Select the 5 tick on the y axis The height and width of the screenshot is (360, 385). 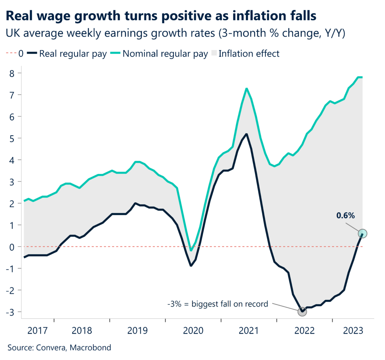(x=12, y=138)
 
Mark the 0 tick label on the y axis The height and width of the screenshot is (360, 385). (x=12, y=247)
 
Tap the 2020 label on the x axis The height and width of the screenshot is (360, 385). (x=192, y=331)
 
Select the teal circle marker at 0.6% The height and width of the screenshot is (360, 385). (x=363, y=233)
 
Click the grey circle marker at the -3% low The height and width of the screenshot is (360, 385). (x=302, y=311)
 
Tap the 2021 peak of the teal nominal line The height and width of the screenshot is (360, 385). (x=246, y=89)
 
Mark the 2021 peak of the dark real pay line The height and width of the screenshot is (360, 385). (x=246, y=134)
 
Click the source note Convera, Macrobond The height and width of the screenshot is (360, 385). (x=59, y=348)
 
